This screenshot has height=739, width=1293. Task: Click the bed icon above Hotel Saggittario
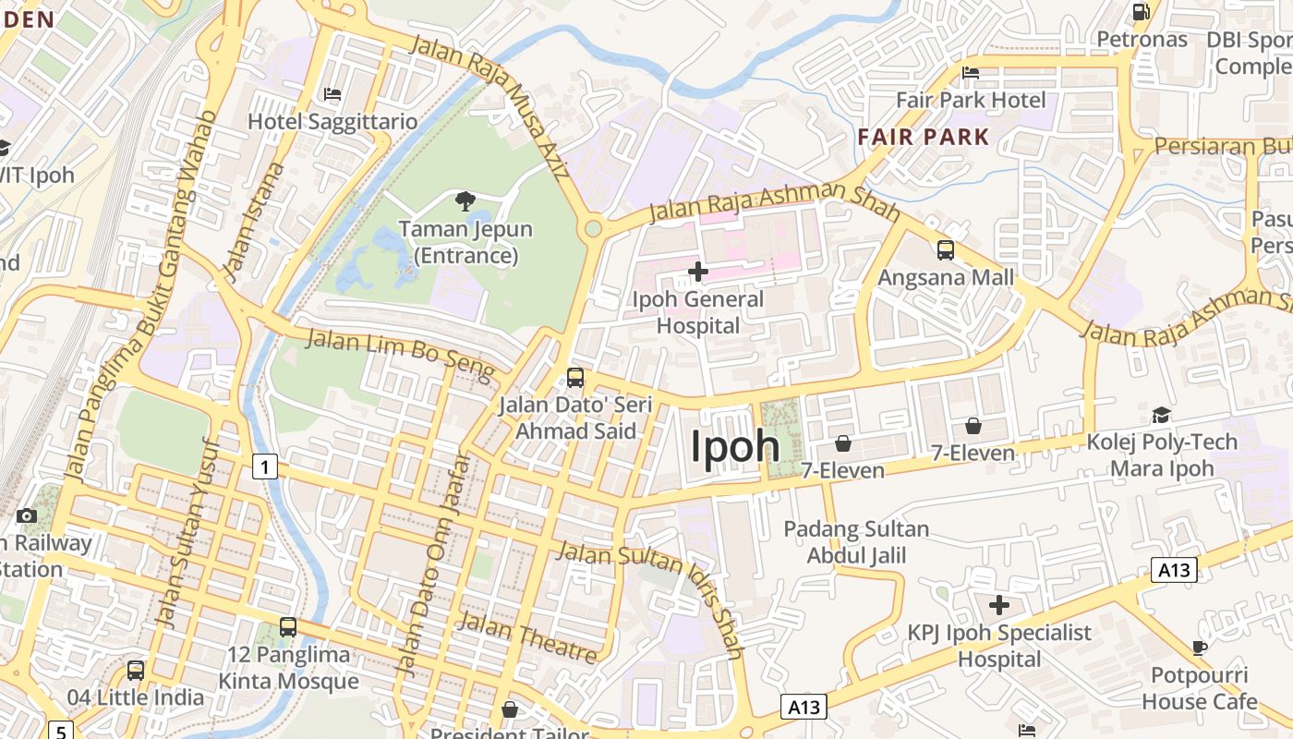tap(332, 94)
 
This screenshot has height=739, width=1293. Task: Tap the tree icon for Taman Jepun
tap(465, 200)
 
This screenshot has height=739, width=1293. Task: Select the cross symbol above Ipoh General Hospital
tap(698, 272)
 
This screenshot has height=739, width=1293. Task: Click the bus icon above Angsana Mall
tap(945, 249)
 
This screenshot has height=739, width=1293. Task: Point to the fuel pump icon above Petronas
tap(1142, 12)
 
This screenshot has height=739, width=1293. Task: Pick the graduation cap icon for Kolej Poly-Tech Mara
tap(1161, 415)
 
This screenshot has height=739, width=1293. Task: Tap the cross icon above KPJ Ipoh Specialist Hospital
tap(998, 606)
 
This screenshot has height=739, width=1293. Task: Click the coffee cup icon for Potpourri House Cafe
tap(1199, 648)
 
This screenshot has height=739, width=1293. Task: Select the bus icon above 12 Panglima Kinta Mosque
tap(288, 627)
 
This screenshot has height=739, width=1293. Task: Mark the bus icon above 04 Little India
tap(136, 671)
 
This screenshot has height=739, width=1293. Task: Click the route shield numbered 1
tap(265, 467)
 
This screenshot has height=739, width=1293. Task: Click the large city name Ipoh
tap(735, 447)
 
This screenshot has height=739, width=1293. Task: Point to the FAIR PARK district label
tap(923, 138)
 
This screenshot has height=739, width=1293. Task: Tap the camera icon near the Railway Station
tap(27, 515)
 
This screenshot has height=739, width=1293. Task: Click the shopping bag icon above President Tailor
tap(510, 709)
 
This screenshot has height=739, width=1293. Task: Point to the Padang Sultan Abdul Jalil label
tap(856, 542)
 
